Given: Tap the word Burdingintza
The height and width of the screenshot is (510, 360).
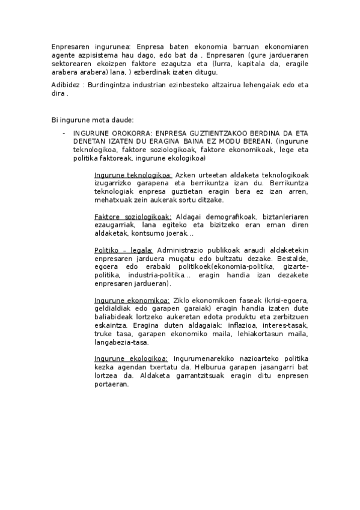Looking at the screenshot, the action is coord(111,85).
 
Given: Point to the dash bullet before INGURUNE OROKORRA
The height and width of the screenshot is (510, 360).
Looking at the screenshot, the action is coord(64,133).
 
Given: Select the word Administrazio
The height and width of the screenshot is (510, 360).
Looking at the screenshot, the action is coord(183,250).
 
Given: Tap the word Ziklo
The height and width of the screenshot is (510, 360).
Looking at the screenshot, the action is coord(182,300).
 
